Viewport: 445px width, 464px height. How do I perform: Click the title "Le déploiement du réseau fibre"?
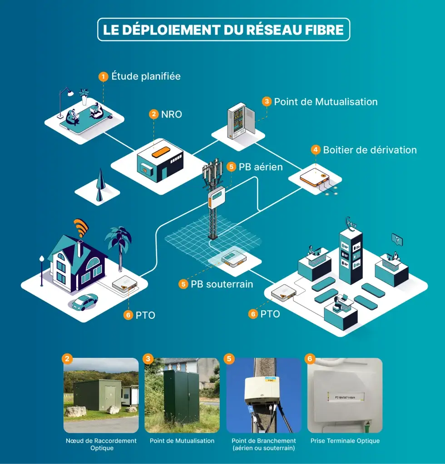223,30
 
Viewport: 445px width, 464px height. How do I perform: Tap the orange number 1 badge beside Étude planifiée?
104,76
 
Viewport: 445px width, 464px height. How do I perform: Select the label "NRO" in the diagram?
172,114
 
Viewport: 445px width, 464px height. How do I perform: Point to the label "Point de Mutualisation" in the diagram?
326,102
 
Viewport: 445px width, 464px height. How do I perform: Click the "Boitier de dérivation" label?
370,150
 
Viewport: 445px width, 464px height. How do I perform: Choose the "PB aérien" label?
261,167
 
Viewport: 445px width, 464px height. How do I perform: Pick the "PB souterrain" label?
222,284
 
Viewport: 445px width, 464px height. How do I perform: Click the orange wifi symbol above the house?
81,227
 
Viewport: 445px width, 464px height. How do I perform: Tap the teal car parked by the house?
85,301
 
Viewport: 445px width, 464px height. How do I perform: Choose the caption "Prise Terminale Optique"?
345,441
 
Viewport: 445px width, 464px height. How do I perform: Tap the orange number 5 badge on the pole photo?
229,359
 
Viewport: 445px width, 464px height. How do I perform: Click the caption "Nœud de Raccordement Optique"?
101,444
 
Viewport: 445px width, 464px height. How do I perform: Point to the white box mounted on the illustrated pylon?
217,198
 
